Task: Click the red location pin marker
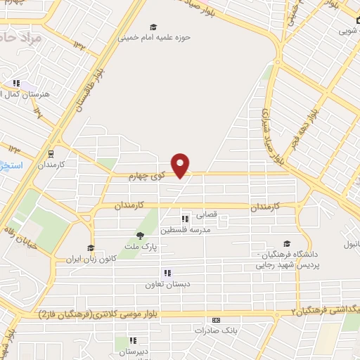click(181, 165)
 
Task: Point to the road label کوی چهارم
click(146, 176)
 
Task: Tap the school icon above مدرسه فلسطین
click(185, 219)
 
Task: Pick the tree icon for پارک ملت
click(141, 236)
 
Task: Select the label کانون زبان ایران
click(90, 258)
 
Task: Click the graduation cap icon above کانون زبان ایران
click(90, 247)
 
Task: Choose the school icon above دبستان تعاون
click(167, 273)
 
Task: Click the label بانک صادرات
click(215, 329)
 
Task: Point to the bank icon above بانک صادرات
click(215, 319)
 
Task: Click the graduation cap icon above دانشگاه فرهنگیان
click(285, 243)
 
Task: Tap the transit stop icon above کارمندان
click(51, 153)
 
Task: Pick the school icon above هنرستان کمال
click(16, 83)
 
